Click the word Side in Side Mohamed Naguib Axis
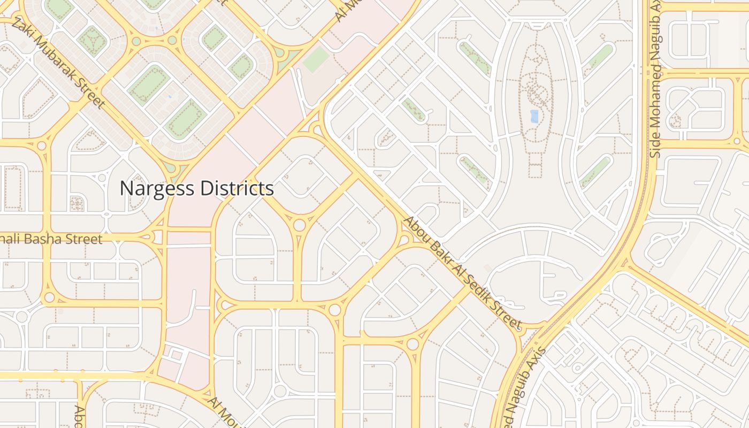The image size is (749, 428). pos(656,146)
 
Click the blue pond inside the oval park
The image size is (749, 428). pos(534,116)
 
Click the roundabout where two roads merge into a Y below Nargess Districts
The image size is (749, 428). pos(299,225)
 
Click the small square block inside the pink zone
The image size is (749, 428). pos(176,355)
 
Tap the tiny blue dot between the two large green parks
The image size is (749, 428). pos(170,97)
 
